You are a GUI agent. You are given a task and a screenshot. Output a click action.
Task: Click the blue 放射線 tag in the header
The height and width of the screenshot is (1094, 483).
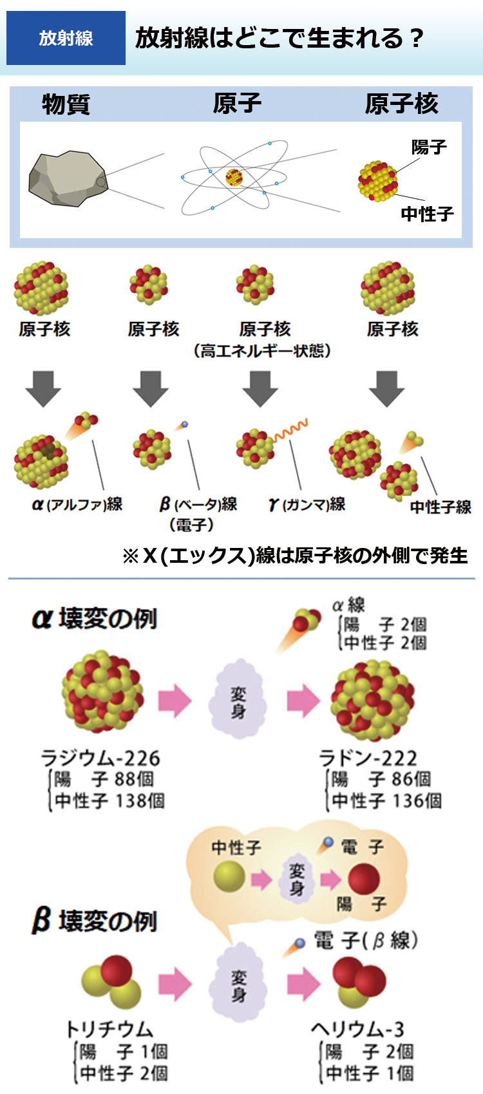(66, 38)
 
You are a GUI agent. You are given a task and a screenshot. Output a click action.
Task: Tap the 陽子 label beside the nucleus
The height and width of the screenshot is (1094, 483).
(429, 147)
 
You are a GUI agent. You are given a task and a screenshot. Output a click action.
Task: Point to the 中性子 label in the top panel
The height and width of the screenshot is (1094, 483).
(427, 213)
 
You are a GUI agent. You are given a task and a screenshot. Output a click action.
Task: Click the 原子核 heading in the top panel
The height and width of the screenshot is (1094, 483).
(401, 104)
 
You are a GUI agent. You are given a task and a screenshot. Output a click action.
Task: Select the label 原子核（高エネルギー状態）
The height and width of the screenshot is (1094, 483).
(263, 340)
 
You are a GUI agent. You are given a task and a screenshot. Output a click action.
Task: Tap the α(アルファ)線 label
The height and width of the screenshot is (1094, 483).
(78, 504)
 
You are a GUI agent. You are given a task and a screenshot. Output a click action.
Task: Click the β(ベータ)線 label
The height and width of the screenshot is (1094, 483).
(198, 505)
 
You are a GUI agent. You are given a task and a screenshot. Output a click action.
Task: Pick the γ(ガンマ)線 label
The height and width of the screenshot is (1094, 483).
(307, 505)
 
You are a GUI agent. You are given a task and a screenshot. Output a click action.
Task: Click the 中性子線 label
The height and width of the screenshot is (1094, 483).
(440, 507)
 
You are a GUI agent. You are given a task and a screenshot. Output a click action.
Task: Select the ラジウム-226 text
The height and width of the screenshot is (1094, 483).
(100, 758)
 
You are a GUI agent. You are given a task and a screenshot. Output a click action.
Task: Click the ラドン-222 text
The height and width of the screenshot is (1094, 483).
(368, 758)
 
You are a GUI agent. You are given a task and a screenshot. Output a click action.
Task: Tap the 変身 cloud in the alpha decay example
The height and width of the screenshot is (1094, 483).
(238, 701)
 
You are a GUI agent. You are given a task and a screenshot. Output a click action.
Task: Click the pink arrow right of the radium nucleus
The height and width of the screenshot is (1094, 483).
(175, 701)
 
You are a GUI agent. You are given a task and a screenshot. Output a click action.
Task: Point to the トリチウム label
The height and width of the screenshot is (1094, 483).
(109, 1029)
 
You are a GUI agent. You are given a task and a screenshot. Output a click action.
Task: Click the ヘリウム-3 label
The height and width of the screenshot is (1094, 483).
(358, 1029)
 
